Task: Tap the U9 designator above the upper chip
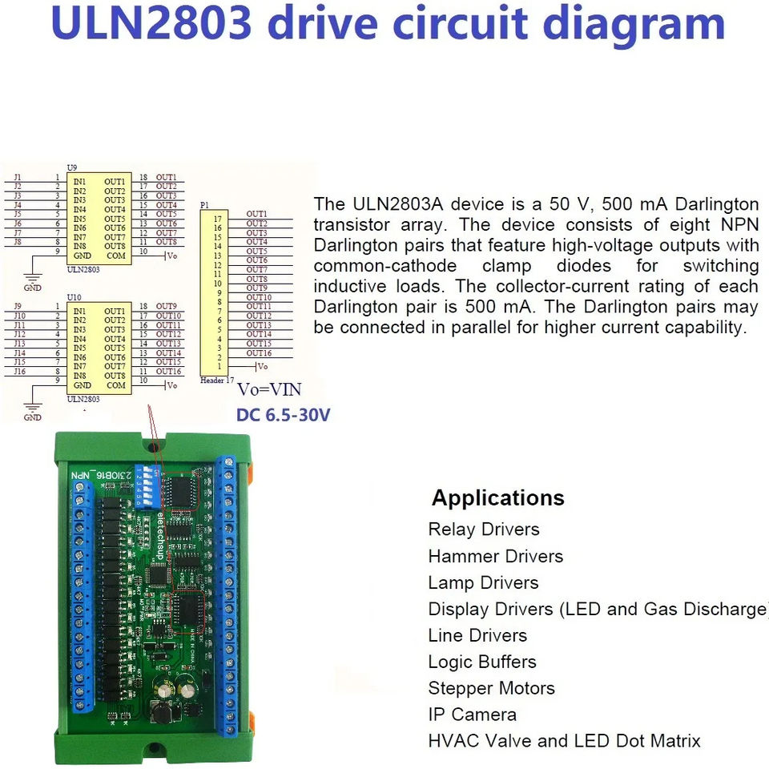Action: (72, 167)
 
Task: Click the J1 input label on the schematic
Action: (18, 177)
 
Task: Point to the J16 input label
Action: (20, 372)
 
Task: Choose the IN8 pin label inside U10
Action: (79, 376)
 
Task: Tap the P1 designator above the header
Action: (204, 205)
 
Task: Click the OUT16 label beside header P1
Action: (258, 353)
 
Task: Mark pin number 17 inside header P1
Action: (217, 219)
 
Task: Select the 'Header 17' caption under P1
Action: (217, 380)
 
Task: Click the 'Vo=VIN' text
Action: (269, 390)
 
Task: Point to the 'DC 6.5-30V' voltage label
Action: (283, 415)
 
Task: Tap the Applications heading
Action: (497, 497)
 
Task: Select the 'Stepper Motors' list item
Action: (491, 688)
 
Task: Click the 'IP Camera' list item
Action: (472, 715)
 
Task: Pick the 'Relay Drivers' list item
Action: (484, 529)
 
